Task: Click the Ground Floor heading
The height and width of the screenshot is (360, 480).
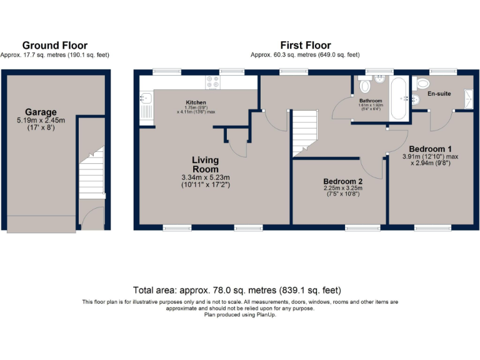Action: [55, 46]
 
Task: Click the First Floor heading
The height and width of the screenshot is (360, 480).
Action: [306, 46]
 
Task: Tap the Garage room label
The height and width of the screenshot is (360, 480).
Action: [41, 112]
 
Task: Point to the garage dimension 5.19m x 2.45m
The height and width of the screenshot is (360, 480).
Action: [41, 121]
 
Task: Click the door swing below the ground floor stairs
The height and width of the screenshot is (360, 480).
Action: [92, 219]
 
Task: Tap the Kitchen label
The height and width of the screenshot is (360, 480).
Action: [196, 102]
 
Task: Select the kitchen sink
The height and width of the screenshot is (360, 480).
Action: [145, 98]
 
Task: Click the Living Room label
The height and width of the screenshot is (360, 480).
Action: [205, 165]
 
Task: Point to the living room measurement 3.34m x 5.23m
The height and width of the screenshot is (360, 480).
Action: [205, 177]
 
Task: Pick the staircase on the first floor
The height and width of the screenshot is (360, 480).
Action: [305, 131]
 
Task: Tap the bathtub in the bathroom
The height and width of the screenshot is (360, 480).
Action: [399, 98]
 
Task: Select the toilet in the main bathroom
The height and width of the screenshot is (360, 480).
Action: [365, 86]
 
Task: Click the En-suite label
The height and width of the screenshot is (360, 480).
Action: [439, 94]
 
